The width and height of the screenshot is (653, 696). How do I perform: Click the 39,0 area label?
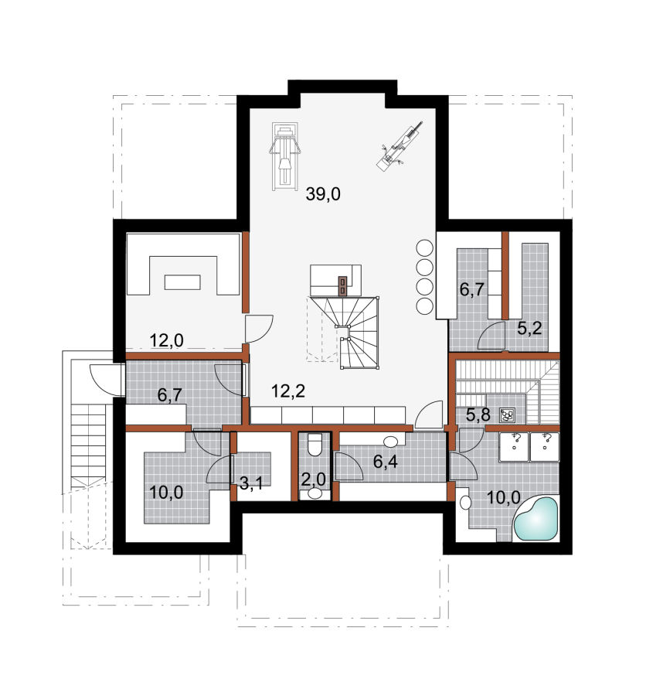click(x=323, y=194)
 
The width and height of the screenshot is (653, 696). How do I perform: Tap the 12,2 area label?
click(x=288, y=391)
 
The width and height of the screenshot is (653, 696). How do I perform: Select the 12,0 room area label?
click(x=166, y=340)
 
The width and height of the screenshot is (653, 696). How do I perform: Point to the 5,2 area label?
click(x=529, y=328)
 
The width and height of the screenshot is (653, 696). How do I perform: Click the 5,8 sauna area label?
click(x=478, y=415)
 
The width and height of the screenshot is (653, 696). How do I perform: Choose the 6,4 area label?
click(x=385, y=462)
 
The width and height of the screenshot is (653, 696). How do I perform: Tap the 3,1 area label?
click(x=251, y=483)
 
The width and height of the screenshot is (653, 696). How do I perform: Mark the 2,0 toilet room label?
click(x=313, y=479)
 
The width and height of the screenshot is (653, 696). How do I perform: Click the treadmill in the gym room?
click(x=284, y=156)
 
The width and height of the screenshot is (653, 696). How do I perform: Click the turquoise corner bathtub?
click(x=536, y=519)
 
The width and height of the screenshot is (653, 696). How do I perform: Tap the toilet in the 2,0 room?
click(x=315, y=445)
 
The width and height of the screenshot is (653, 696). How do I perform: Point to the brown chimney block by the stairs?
click(x=342, y=285)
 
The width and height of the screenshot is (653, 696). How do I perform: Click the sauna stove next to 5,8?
click(x=507, y=415)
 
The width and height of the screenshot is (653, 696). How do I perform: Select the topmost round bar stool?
click(x=424, y=247)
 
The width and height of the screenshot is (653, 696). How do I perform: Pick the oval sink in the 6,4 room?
click(x=391, y=442)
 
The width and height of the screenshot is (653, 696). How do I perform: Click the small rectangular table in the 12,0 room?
click(x=182, y=282)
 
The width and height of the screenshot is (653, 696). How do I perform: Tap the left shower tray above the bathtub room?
click(x=514, y=447)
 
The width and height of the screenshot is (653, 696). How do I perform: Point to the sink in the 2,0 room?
click(x=315, y=493)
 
